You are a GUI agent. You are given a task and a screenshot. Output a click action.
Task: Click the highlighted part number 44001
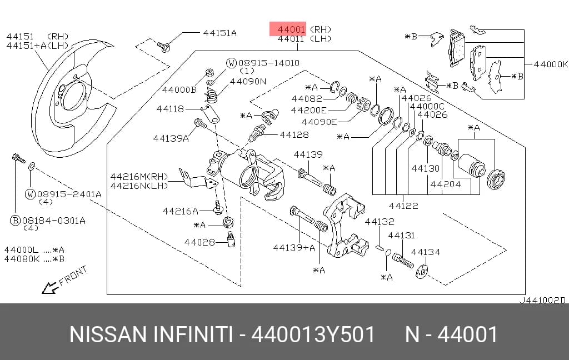(x=291, y=29)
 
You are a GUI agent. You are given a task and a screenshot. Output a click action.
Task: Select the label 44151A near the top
(x=219, y=33)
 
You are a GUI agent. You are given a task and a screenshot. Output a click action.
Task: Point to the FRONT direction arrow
(x=50, y=287)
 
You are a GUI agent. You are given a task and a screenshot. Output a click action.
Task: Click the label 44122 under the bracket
(x=403, y=206)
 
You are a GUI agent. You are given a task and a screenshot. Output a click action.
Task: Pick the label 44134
(x=425, y=252)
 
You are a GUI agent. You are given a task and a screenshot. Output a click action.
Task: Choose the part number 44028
(x=199, y=242)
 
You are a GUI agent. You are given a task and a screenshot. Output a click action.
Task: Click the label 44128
(x=295, y=134)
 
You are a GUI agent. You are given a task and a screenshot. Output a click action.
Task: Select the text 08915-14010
(x=269, y=63)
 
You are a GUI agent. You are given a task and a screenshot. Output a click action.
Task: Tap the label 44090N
(x=248, y=81)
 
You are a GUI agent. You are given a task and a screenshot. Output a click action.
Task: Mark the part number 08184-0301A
(x=54, y=221)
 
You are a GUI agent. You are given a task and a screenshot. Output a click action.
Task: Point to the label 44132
(x=379, y=221)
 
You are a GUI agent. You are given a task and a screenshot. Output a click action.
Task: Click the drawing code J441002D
(x=542, y=300)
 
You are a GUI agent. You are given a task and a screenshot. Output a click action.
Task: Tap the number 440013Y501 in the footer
(x=313, y=334)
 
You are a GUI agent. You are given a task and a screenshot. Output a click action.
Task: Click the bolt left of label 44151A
(x=164, y=47)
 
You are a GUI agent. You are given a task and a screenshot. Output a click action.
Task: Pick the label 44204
(x=445, y=184)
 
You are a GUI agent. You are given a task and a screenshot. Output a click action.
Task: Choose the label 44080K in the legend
(x=22, y=259)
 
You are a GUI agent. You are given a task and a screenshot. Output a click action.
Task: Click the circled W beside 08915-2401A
(x=30, y=194)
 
